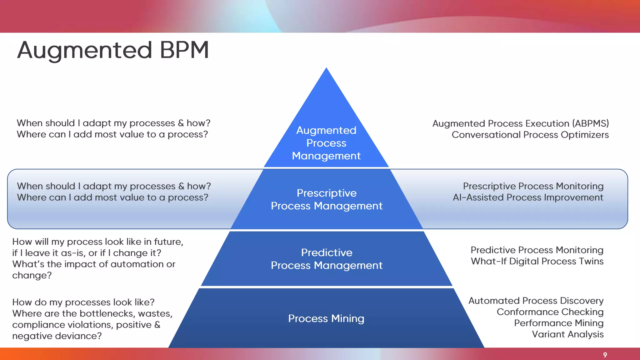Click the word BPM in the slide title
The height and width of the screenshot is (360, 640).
coord(184,50)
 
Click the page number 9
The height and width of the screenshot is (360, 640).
coord(605,355)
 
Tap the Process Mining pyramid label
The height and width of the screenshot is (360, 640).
coord(326,318)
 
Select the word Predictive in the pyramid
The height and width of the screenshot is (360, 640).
coord(327,252)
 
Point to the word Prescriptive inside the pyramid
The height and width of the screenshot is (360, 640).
coord(327,193)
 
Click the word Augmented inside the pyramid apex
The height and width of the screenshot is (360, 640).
coord(326,130)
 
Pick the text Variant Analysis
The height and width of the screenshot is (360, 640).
coord(567,334)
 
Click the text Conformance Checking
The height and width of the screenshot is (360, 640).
coord(550,312)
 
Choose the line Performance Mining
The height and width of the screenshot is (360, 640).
coord(559,323)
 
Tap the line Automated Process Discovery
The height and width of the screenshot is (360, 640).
coord(536,301)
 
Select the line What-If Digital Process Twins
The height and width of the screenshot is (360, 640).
coord(537,261)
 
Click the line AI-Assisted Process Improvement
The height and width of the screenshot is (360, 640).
coord(528,197)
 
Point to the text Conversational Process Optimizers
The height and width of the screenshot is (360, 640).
coord(530,135)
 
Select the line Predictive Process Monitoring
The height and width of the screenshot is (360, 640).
coord(537,250)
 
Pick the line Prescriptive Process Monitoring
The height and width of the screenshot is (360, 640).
coord(533,186)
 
